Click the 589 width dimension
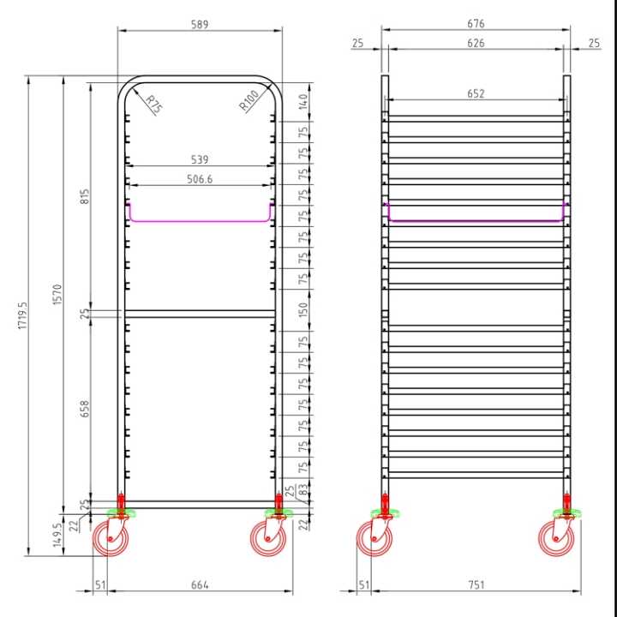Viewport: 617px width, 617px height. pos(200,24)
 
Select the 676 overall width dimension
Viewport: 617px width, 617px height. pos(476,24)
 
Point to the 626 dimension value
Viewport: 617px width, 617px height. pos(476,43)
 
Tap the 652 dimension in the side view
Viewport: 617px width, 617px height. pos(476,93)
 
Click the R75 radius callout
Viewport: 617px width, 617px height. pos(153,105)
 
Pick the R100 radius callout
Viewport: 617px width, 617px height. pos(249,103)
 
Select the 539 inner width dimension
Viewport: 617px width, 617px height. pos(199,159)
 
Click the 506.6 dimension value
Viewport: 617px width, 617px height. pos(199,178)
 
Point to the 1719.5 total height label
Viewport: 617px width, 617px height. pos(22,317)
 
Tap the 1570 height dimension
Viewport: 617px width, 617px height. pos(57,296)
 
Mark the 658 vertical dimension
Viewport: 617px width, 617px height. pos(84,408)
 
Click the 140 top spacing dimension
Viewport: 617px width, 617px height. pos(303,101)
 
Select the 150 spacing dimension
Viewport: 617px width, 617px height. pos(303,308)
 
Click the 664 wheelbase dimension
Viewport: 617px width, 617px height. pos(200,585)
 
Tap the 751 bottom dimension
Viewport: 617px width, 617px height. pos(476,585)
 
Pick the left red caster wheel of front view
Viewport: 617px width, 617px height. pos(111,539)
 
